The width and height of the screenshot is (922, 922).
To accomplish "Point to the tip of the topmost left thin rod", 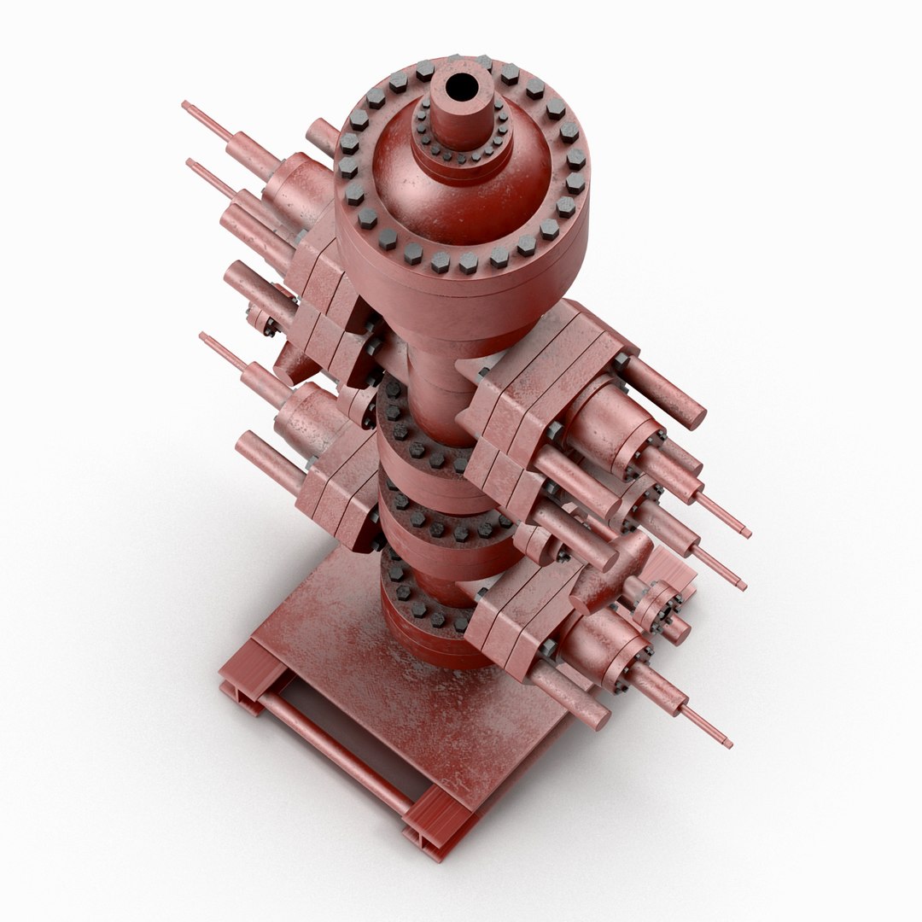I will [x=185, y=105].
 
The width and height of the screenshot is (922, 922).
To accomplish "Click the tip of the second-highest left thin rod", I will [x=190, y=162].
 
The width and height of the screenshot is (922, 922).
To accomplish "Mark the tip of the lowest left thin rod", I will [x=203, y=336].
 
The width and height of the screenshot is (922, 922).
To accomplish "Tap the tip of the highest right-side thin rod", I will [x=747, y=534].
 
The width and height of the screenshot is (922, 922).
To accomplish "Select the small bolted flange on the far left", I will [x=260, y=320].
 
